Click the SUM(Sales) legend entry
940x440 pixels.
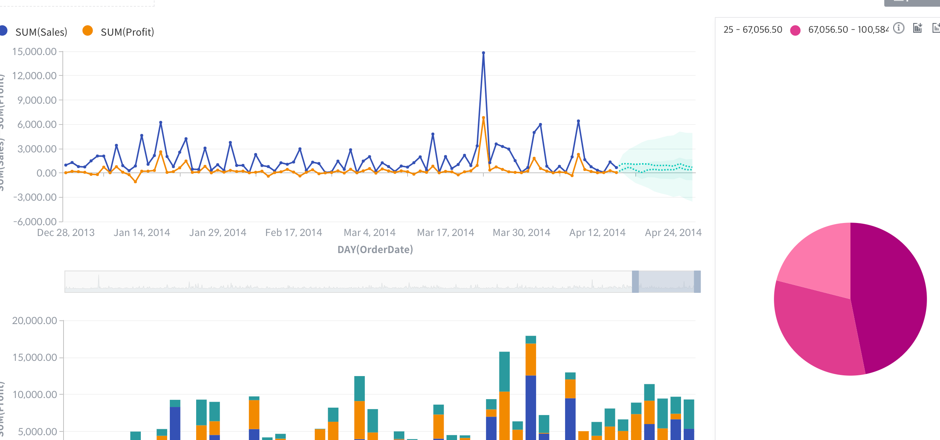(x=41, y=32)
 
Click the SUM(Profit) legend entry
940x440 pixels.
(x=127, y=32)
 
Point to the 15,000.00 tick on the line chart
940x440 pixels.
(x=34, y=52)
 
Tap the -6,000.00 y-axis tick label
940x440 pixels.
(x=35, y=222)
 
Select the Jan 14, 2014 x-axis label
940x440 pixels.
(x=142, y=233)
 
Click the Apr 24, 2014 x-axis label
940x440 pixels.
(x=673, y=233)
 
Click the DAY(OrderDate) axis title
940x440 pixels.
(x=375, y=249)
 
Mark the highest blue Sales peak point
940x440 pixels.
(x=483, y=53)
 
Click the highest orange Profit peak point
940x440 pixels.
(x=483, y=118)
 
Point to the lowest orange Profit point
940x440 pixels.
(x=135, y=182)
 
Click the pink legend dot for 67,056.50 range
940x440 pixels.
(x=795, y=30)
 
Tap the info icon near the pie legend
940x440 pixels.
(x=898, y=28)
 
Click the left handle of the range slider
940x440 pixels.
(x=635, y=282)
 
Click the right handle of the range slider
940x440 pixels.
(x=697, y=282)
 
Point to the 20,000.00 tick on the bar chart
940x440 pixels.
(x=35, y=321)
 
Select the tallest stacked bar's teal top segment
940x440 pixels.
(x=531, y=340)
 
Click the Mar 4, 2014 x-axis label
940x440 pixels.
(x=369, y=233)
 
